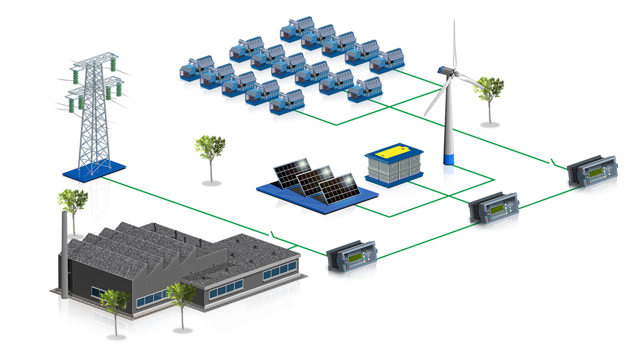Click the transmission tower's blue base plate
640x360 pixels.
(94, 170)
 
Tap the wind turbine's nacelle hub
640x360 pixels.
(446, 71)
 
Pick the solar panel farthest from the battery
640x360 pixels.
(287, 172)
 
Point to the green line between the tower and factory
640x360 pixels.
(187, 205)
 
